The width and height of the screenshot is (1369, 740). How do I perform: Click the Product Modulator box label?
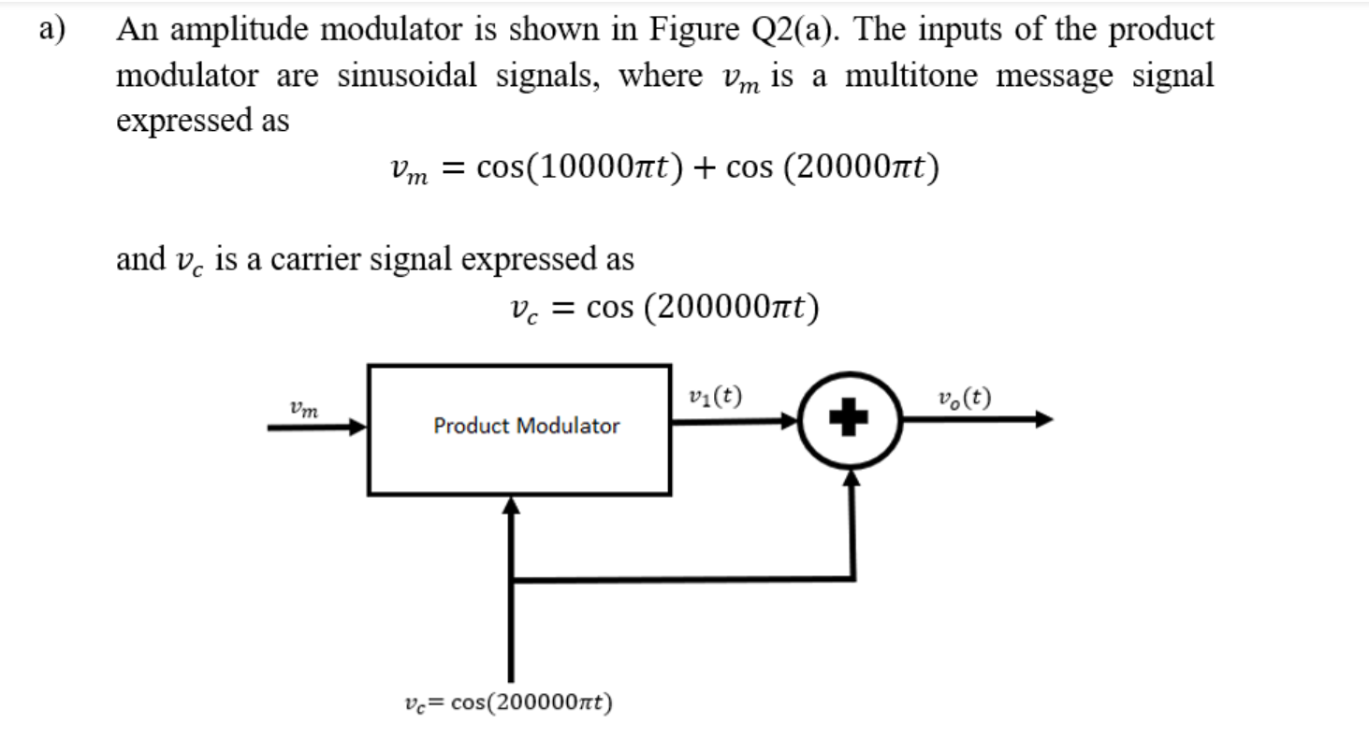526,427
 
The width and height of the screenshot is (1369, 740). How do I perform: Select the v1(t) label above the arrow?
715,398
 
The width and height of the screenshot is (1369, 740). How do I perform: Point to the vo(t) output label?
966,398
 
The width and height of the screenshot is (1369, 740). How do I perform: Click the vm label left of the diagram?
303,408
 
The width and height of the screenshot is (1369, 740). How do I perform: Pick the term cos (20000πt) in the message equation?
833,168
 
